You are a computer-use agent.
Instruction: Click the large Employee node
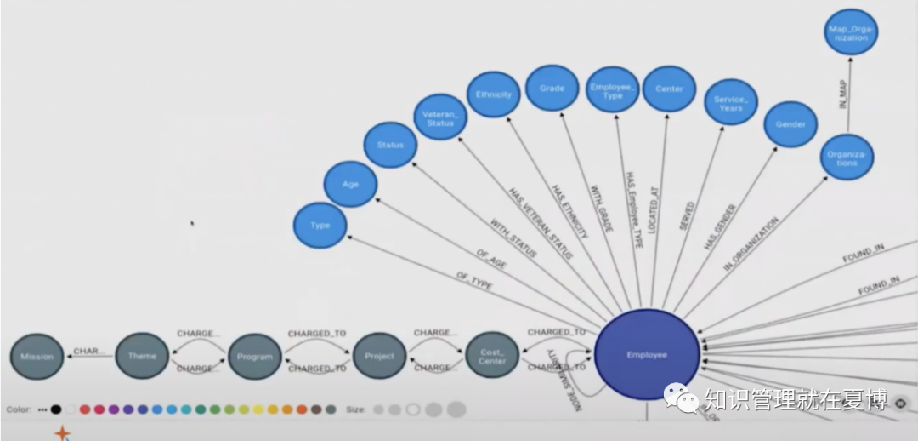(647, 355)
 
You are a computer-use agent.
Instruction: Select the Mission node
(37, 357)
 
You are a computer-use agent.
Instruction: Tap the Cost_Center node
(492, 357)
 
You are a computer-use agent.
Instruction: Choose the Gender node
(790, 124)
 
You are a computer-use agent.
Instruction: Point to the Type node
(320, 226)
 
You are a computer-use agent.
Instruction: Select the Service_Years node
(731, 103)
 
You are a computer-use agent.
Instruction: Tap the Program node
(255, 357)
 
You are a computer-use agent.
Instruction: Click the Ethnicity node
(494, 94)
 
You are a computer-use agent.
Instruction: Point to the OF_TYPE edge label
(474, 282)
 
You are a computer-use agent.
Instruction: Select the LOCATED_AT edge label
(653, 211)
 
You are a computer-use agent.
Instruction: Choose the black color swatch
(56, 409)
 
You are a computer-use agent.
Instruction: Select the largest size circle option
(456, 409)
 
